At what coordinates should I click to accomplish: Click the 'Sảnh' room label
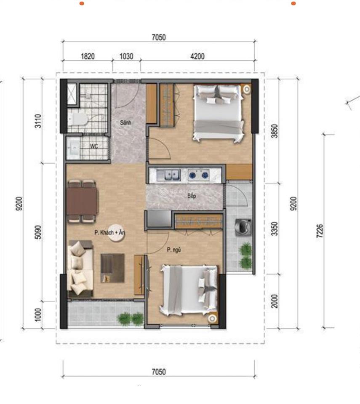click(125, 123)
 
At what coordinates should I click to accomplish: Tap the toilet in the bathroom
click(79, 120)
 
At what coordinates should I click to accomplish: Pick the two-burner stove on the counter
click(198, 175)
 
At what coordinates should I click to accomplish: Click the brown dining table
click(82, 201)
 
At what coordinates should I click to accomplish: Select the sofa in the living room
click(80, 268)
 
